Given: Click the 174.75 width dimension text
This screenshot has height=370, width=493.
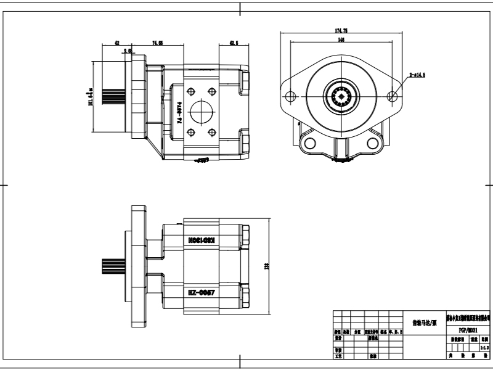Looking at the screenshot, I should point(341,30).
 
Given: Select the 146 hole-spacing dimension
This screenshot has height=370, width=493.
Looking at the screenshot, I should point(341,39).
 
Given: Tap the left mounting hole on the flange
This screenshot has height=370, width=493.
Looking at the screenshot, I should point(288,96).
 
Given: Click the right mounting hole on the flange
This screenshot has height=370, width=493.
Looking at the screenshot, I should point(393,96).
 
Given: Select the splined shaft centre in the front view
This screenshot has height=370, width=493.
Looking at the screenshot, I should point(341,96).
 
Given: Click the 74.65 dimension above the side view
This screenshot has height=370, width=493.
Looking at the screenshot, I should point(157,43).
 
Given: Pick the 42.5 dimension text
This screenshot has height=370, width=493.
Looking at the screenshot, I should point(234,43).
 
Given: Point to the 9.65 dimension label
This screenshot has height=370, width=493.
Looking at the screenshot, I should point(128,52).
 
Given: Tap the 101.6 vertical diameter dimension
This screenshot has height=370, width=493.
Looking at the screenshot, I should point(91,96).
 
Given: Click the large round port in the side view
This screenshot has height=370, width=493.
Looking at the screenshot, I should point(201,112).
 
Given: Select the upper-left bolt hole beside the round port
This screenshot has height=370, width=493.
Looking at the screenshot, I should point(190,91).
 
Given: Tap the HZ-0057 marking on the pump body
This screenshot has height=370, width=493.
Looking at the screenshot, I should point(201,292).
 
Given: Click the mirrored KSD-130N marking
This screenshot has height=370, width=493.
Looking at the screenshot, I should point(201,238).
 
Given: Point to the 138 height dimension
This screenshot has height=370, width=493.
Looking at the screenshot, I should point(267,266).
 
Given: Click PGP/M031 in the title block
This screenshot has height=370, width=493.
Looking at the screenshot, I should point(468,330).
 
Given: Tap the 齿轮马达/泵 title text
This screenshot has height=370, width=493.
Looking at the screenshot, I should point(423,322).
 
